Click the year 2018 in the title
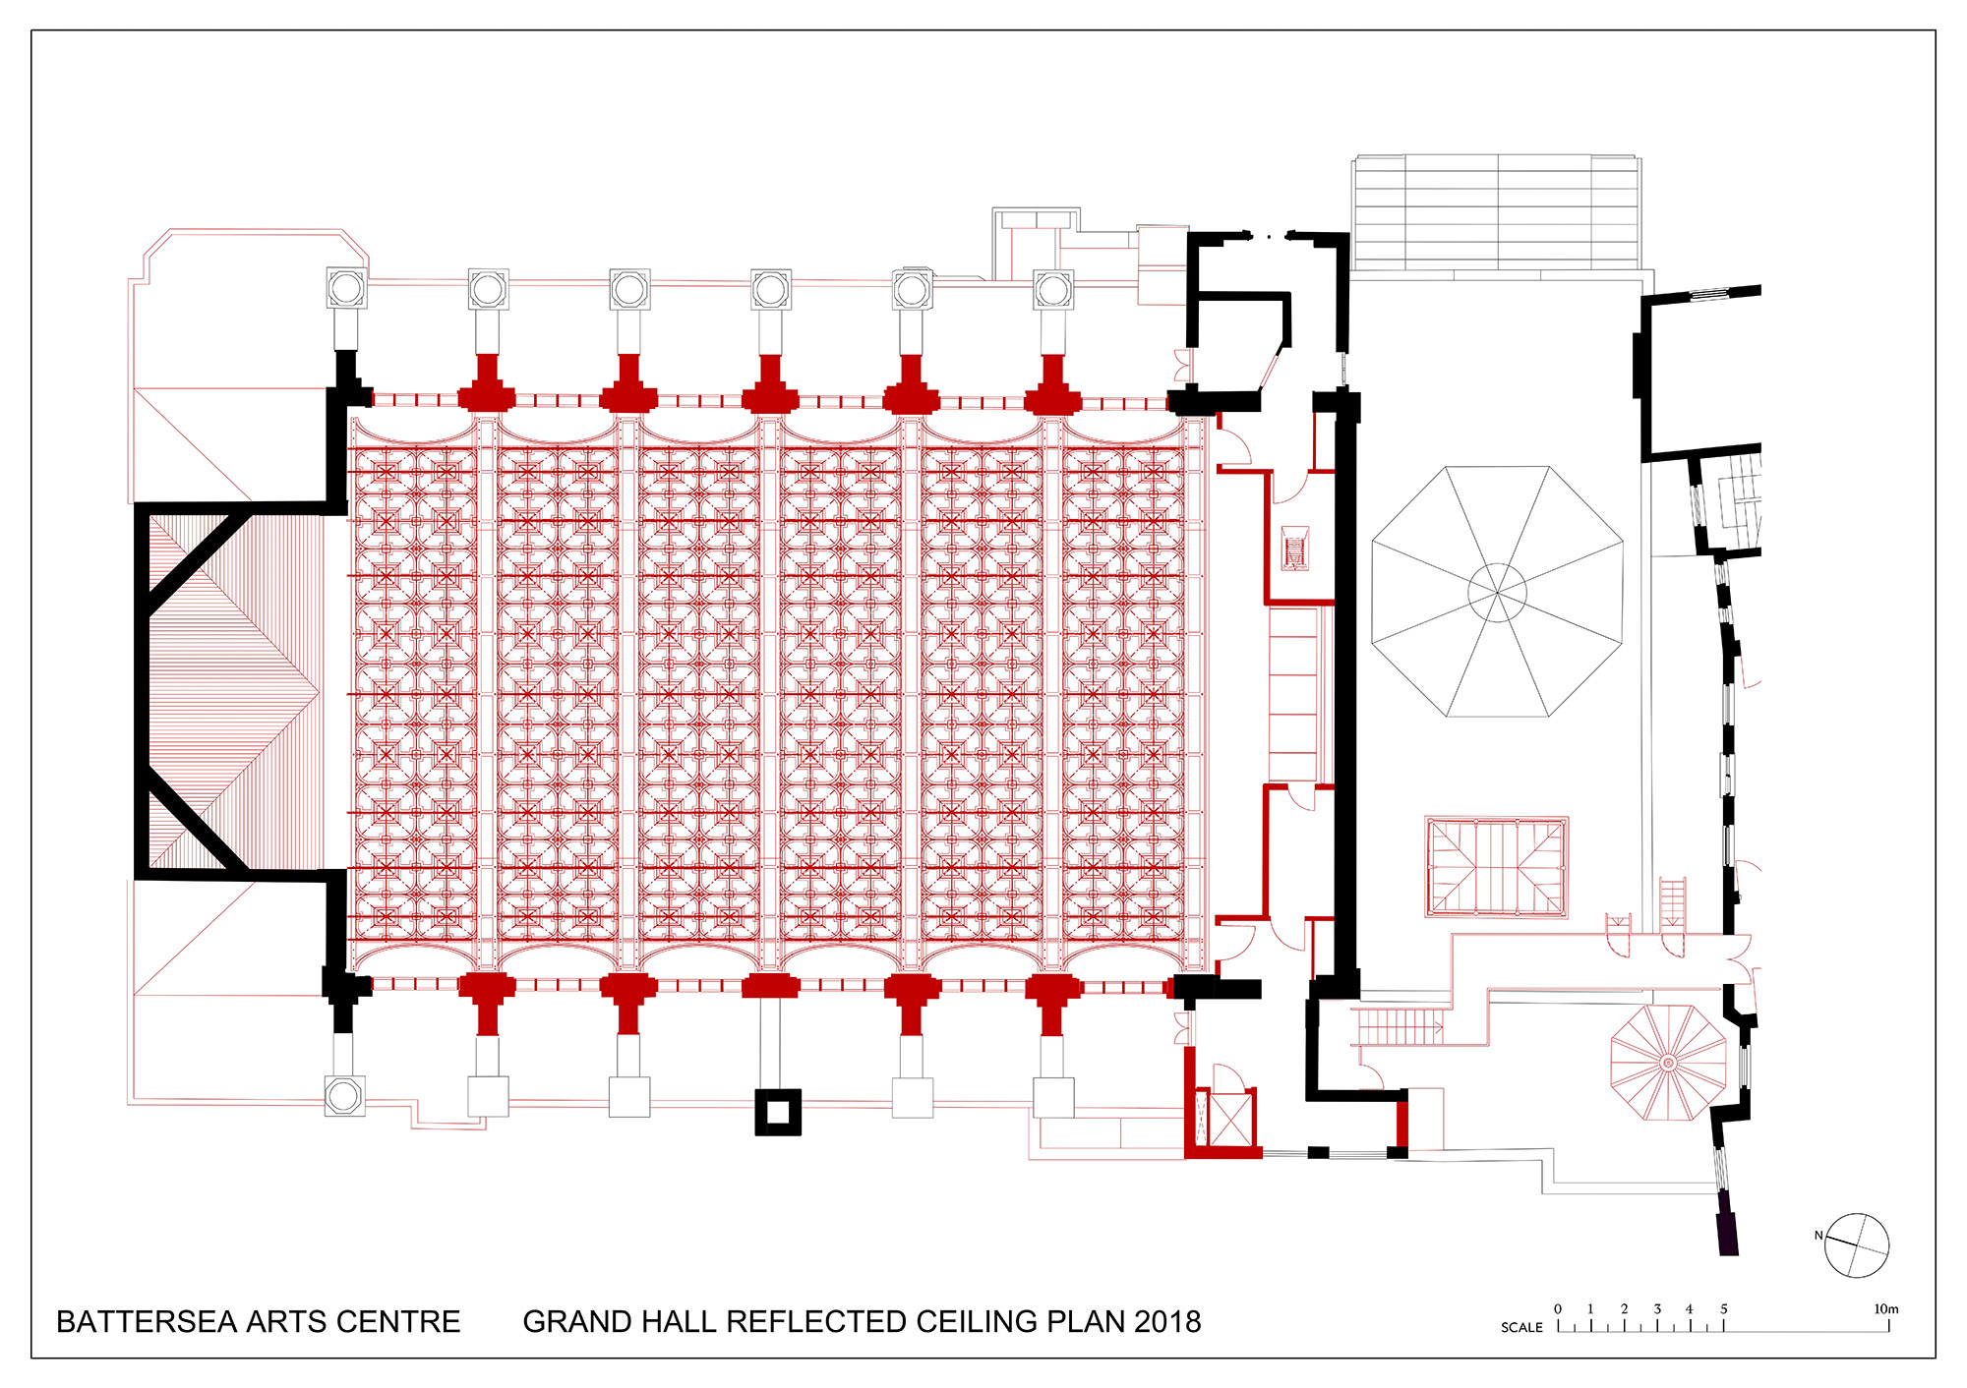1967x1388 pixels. [1167, 1322]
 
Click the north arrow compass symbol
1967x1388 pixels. [1857, 1245]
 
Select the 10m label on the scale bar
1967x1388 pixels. [1885, 1309]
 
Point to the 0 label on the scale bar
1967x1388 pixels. [1558, 1309]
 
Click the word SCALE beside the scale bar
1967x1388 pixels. [1521, 1327]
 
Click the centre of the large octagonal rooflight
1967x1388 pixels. [1497, 592]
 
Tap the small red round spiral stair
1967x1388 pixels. [1668, 1063]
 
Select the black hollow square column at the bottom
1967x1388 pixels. [778, 1112]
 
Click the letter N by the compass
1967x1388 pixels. [1818, 1236]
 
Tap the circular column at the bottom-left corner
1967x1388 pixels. [344, 1095]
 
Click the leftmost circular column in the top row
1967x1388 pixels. [346, 288]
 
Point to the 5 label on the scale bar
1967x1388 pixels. [1723, 1309]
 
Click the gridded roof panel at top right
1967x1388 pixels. [1497, 211]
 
